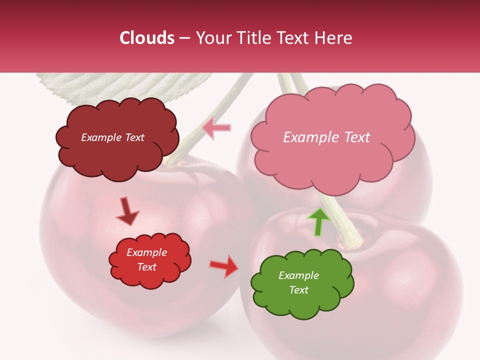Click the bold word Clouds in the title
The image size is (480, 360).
click(x=147, y=38)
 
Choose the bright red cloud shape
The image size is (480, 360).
click(x=150, y=277)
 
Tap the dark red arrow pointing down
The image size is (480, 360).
click(x=127, y=211)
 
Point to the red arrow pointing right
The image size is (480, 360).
click(x=223, y=266)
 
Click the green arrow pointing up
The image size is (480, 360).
click(x=318, y=221)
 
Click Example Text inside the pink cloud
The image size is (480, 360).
click(x=326, y=137)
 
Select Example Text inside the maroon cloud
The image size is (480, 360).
click(x=112, y=137)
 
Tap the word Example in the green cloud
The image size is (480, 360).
click(x=298, y=275)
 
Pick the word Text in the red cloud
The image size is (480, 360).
click(x=147, y=267)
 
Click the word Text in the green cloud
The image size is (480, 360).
click(x=298, y=290)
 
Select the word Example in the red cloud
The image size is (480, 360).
click(x=147, y=252)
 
